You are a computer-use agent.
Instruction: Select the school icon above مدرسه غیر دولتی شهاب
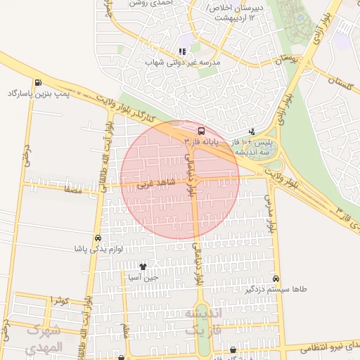182,51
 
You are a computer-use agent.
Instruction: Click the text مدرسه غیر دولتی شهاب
183,63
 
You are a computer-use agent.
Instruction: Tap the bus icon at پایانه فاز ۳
202,131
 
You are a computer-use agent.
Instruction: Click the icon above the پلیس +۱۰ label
252,131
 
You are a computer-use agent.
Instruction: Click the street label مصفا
72,190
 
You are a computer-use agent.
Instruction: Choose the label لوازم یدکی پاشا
99,249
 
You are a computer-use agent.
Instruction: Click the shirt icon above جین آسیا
143,266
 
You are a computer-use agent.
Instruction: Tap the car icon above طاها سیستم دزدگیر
276,278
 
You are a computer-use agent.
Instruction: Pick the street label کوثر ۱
58,301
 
